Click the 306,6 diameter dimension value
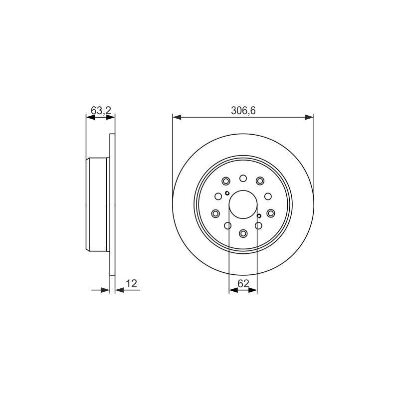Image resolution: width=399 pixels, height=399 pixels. (243, 111)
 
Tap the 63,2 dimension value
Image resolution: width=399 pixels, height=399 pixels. (101, 110)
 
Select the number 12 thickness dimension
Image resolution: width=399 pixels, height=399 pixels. (131, 283)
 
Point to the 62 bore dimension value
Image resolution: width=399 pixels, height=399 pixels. (243, 283)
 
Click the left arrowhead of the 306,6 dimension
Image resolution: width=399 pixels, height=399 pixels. (177, 117)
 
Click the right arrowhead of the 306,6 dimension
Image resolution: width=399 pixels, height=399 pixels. (309, 117)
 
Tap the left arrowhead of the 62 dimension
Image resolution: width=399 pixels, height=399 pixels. (233, 290)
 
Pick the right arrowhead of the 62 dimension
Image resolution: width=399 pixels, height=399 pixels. (253, 290)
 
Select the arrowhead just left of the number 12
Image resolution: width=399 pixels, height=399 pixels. (119, 290)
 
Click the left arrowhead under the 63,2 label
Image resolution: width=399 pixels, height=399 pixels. (91, 117)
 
